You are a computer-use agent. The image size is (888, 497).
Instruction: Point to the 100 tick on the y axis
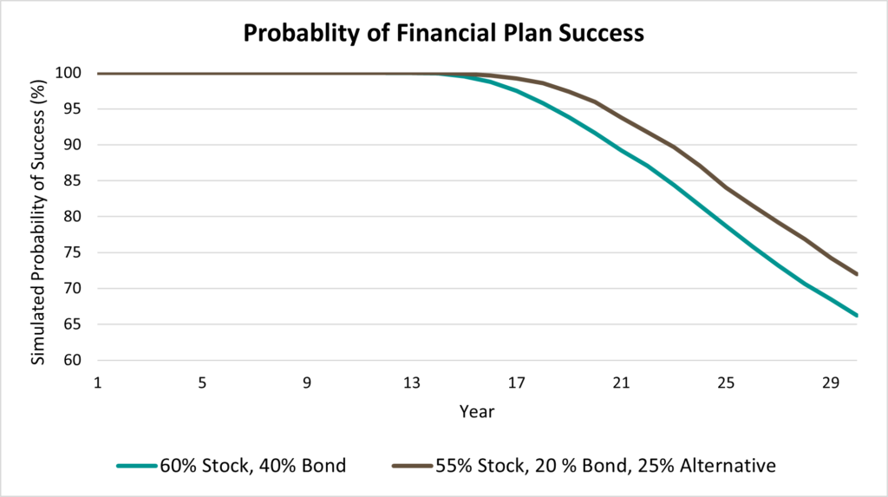point(68,73)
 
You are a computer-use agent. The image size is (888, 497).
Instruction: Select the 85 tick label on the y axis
point(73,180)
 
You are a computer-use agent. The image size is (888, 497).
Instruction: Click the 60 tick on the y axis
point(73,360)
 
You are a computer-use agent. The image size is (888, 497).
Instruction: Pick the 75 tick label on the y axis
point(73,252)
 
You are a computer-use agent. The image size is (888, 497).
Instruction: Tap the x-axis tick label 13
point(412,383)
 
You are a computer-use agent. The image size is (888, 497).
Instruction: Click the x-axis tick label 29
point(831,383)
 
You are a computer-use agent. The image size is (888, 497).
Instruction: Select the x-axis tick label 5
point(202,383)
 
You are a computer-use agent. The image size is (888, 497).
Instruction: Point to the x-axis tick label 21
point(621,383)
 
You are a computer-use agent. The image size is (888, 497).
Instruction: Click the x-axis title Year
point(477,411)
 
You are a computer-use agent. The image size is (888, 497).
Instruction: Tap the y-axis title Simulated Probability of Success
point(37,221)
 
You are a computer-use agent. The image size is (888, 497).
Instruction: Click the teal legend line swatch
point(137,466)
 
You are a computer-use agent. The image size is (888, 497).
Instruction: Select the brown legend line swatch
point(412,466)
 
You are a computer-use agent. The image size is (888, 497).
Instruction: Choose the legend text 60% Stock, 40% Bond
point(252,466)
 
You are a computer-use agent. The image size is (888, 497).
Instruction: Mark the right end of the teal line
point(857,315)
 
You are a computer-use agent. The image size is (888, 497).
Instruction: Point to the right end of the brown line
point(857,274)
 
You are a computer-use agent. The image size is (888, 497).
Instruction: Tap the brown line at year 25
point(726,187)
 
